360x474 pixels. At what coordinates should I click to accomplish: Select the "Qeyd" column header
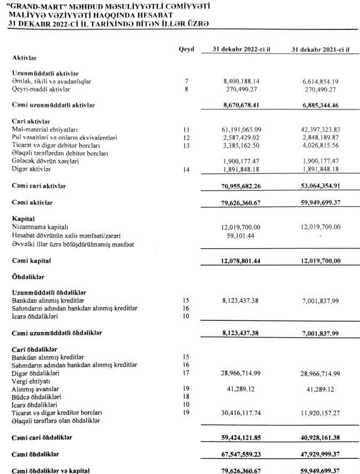(187, 50)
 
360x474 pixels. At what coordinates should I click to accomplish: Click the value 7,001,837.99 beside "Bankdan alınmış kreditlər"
(322, 301)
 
